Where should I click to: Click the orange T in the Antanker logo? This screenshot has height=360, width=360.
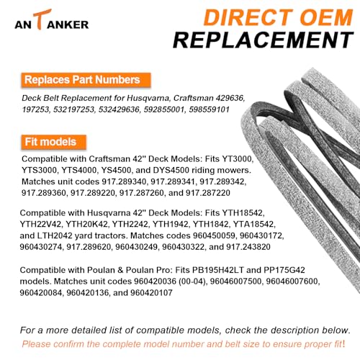click(x=42, y=19)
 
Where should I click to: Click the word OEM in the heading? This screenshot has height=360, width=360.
click(x=326, y=17)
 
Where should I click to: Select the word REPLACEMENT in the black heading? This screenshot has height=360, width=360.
click(x=264, y=40)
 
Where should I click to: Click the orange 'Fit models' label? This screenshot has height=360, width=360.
click(x=54, y=142)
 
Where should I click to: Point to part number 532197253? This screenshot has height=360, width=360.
click(x=73, y=109)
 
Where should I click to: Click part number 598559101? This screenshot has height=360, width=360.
click(x=209, y=109)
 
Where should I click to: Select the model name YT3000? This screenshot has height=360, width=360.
click(x=238, y=159)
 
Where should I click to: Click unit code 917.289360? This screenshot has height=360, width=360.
click(x=43, y=193)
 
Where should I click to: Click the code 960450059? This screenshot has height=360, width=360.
click(x=214, y=235)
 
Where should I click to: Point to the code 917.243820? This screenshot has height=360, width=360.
click(x=248, y=247)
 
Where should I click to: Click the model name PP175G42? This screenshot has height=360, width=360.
click(x=284, y=270)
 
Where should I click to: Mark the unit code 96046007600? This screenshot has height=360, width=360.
click(x=292, y=282)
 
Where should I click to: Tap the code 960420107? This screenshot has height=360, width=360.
click(x=151, y=292)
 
